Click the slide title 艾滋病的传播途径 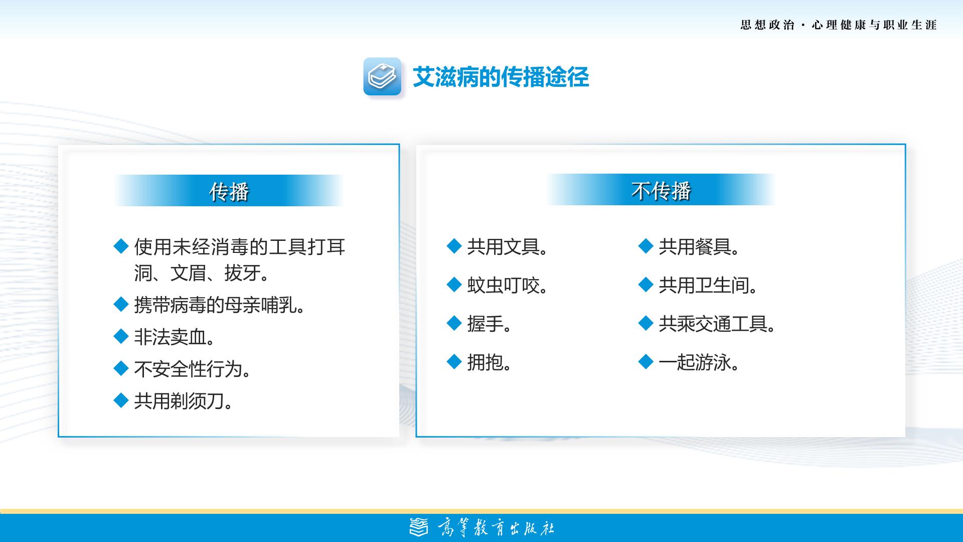coord(501,77)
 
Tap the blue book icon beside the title coord(382,76)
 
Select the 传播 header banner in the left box coord(229,191)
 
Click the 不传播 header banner coord(661,190)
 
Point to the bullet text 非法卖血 coord(175,337)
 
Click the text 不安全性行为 coord(193,369)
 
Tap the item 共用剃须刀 coord(184,401)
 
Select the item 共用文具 coord(508,247)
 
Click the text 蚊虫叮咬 coord(508,286)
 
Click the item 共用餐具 coord(699,247)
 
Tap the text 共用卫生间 coord(708,286)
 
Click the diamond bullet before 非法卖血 coord(121,336)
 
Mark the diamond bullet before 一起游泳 coord(646,361)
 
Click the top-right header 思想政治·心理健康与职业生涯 coord(839,25)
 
